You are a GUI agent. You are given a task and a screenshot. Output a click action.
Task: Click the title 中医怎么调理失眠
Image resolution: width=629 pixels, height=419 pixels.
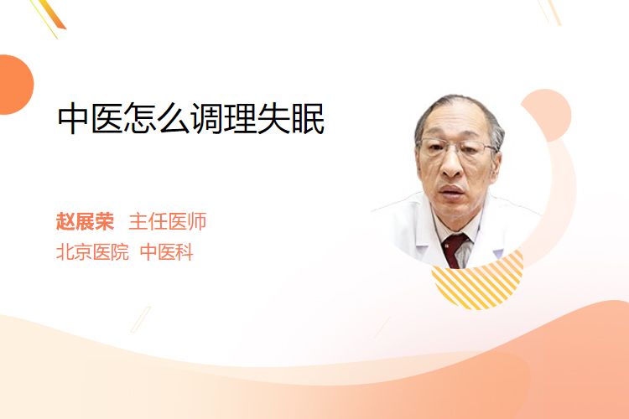tap(191, 119)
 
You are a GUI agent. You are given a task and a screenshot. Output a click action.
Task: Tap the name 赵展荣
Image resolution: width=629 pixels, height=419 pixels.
tap(85, 221)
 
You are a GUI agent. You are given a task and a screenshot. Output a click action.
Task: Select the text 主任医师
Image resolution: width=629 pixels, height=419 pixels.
tap(168, 221)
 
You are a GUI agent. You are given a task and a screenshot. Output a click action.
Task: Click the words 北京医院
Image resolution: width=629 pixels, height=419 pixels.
tap(92, 252)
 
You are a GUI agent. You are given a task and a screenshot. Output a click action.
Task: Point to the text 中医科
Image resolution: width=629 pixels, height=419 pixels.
tap(167, 252)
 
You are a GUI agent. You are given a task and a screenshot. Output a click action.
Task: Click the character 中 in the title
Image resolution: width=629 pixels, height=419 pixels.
tap(73, 119)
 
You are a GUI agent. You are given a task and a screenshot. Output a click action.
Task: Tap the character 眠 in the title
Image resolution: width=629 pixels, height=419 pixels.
tap(308, 119)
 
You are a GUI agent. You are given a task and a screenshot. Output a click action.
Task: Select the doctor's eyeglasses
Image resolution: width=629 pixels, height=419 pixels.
tap(457, 147)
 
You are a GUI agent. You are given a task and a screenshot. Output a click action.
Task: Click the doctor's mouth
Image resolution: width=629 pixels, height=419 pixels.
tap(452, 190)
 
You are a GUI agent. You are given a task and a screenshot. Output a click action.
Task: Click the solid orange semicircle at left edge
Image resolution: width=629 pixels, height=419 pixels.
tap(15, 85)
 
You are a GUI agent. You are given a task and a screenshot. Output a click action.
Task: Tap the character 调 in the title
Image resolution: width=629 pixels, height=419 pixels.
tap(207, 119)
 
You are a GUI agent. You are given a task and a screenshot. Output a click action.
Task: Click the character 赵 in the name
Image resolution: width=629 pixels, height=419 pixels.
tap(65, 221)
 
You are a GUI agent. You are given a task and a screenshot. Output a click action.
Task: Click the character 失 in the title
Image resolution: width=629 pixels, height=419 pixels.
tap(274, 119)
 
